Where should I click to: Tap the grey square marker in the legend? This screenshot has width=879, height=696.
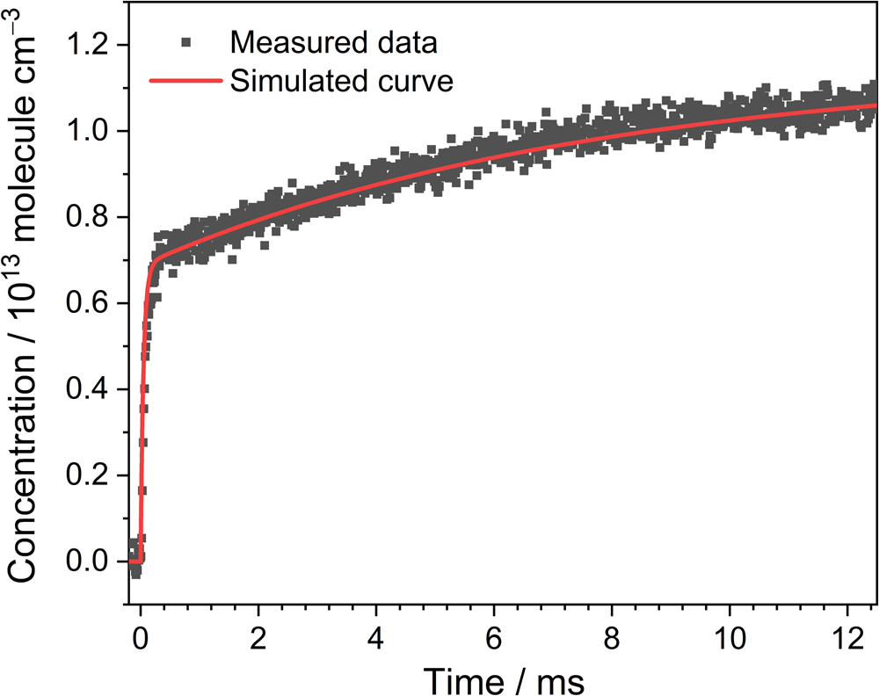(183, 42)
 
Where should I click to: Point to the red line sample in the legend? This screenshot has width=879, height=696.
(183, 81)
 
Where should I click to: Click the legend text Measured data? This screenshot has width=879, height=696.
(333, 42)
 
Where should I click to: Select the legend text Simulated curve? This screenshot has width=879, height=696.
(341, 81)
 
